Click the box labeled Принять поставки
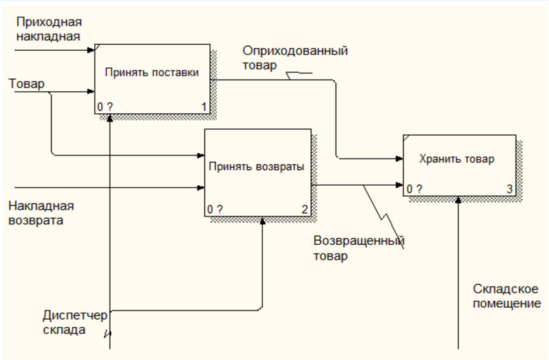tap(152, 72)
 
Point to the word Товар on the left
tap(26, 84)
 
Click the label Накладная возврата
tap(40, 213)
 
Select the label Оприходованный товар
tap(294, 58)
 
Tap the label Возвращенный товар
tap(358, 249)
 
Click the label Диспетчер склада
tap(75, 323)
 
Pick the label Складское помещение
tap(506, 296)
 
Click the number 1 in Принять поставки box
tap(204, 107)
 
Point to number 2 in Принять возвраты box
tap(303, 209)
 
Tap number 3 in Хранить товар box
tap(509, 189)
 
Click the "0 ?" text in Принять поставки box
tap(104, 107)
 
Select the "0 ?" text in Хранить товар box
tap(414, 189)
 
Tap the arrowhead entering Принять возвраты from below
tap(263, 221)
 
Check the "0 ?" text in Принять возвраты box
tap(215, 209)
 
